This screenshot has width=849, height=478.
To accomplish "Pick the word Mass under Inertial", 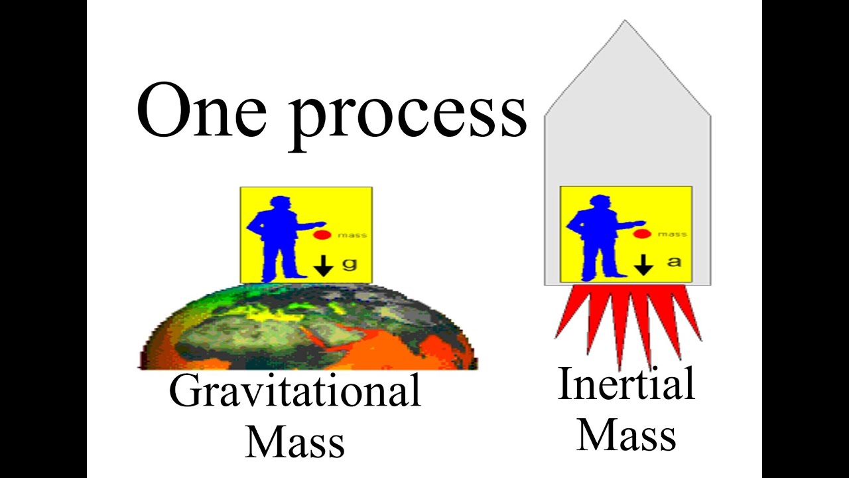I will (x=626, y=434).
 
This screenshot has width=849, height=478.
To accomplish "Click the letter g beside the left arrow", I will (x=350, y=264).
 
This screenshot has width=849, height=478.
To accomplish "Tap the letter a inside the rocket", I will (x=674, y=262).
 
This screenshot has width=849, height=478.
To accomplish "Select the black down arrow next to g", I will (x=323, y=265).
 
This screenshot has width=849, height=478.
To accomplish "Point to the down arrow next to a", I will (x=643, y=264).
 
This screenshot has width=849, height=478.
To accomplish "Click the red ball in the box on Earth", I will (x=322, y=234).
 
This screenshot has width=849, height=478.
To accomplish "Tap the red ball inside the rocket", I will (x=641, y=233).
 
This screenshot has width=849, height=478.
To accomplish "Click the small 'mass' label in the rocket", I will (x=673, y=234).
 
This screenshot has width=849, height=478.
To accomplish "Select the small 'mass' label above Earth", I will (x=352, y=235).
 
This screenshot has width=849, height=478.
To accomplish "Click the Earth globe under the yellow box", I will (x=308, y=329).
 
